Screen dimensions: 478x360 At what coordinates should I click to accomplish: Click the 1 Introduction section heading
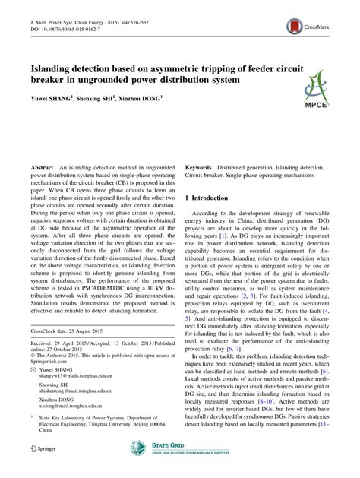[x=217, y=197]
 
